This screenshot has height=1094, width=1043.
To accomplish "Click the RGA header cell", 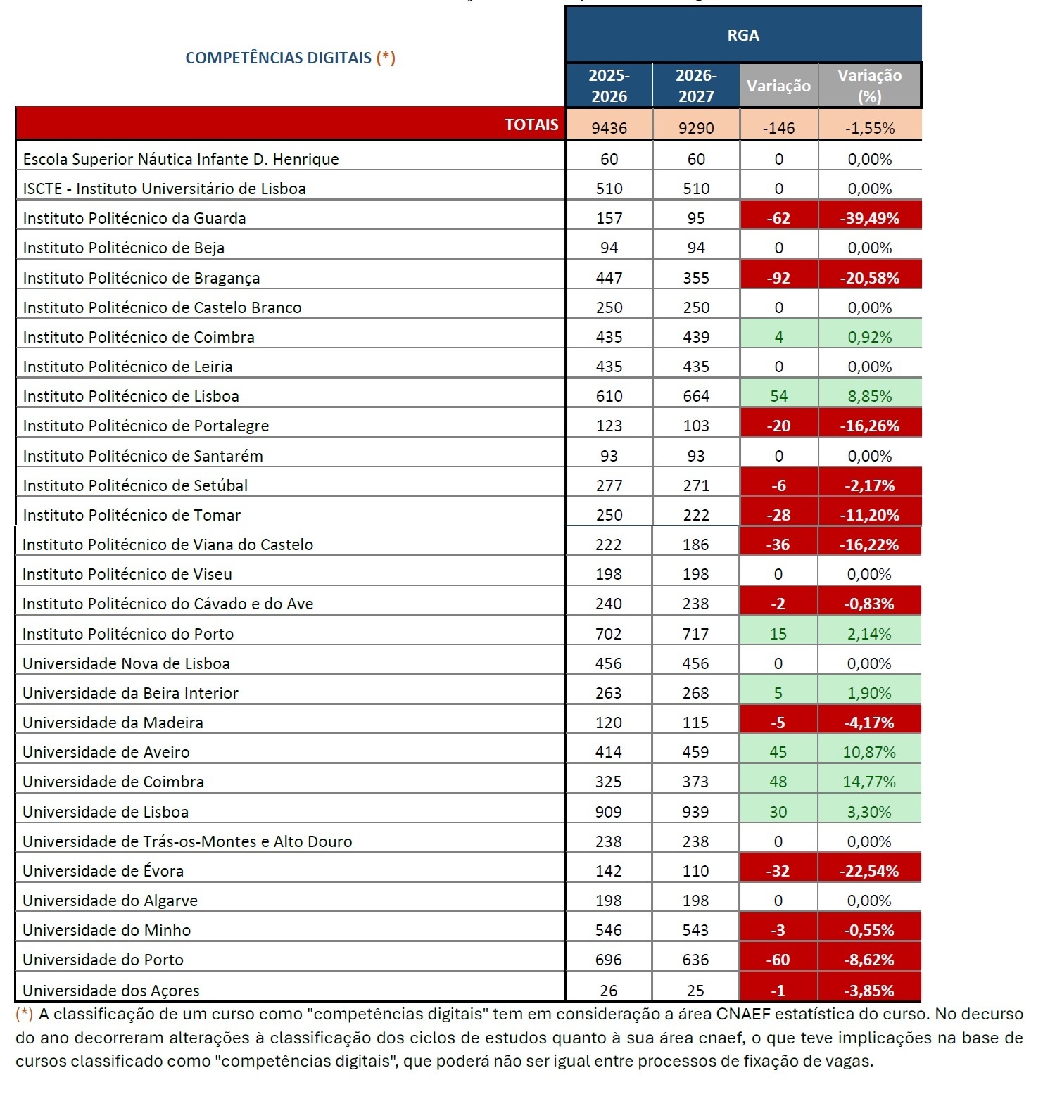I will coord(743,35).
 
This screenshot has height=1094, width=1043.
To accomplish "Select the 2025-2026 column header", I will coord(609,86).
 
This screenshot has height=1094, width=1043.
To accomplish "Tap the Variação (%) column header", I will coord(869,86).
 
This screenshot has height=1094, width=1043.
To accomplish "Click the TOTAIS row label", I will coord(531,125).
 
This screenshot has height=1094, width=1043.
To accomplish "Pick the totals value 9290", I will coord(696,128).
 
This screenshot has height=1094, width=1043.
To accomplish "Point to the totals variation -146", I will coord(778,128).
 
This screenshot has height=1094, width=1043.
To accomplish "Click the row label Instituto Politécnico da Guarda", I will coord(134,218).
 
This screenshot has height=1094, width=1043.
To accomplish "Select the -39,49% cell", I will coord(869,218).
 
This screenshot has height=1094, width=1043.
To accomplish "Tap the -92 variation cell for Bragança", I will coord(778,278).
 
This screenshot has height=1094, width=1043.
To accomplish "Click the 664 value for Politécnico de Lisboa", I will coord(696,396).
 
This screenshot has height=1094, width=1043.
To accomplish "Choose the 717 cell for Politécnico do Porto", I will coord(695,634).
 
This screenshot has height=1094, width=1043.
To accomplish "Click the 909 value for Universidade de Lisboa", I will coord(608,812).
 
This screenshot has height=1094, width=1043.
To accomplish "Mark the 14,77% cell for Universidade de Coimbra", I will coord(869,782).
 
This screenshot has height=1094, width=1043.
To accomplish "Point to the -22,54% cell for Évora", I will coord(869,871).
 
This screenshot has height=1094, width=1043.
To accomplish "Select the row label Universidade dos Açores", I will coord(111,991).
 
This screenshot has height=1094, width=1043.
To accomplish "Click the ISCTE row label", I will coord(164,189).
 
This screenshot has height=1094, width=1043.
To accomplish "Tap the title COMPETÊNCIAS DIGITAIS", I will coord(278,58).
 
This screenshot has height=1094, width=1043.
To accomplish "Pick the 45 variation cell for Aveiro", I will coord(778,752).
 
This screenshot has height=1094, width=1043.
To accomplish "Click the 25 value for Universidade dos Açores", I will coord(695,991).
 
